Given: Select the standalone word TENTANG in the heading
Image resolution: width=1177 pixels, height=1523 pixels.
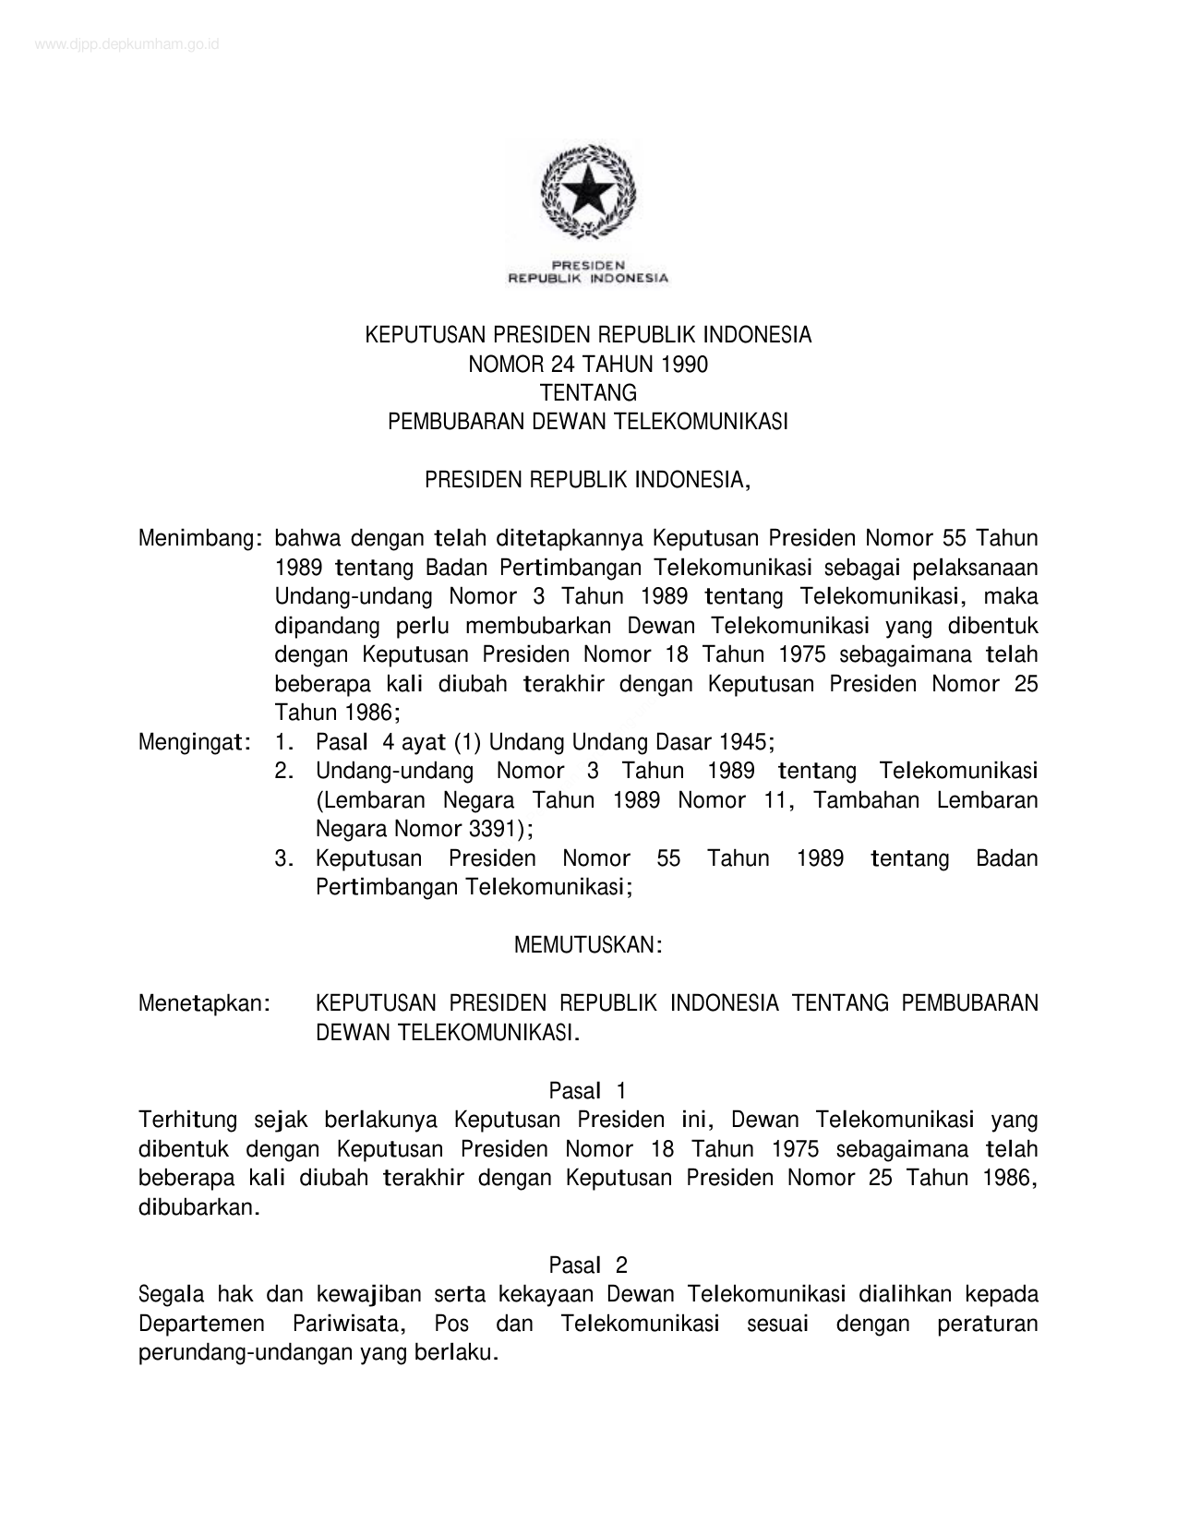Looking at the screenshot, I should pyautogui.click(x=588, y=393).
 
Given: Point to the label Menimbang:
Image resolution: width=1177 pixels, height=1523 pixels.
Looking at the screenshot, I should pyautogui.click(x=197, y=538).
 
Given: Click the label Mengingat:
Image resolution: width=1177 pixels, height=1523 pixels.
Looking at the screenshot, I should pyautogui.click(x=196, y=742).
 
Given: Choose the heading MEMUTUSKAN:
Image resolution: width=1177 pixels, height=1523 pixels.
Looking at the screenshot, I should pyautogui.click(x=587, y=945).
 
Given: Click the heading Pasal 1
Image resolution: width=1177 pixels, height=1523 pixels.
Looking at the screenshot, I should pyautogui.click(x=588, y=1091).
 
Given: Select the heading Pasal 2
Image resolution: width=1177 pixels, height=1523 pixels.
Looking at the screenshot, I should pyautogui.click(x=588, y=1265).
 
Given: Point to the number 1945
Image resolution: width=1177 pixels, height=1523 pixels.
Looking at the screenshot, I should pyautogui.click(x=742, y=742).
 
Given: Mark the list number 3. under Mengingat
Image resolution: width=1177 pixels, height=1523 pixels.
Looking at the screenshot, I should pyautogui.click(x=284, y=858).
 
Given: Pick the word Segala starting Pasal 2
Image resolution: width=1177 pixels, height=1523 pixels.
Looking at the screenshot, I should pyautogui.click(x=171, y=1294).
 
